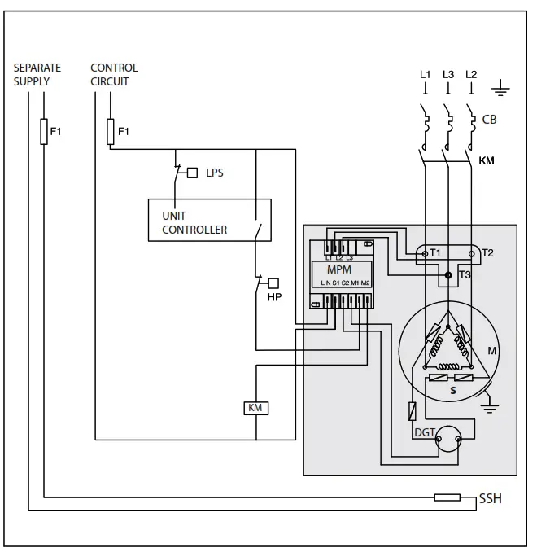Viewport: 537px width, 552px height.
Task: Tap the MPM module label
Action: [338, 268]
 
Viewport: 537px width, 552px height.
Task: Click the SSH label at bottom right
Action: [490, 498]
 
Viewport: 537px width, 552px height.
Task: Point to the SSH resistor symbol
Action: [447, 497]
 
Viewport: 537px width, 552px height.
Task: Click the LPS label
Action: [214, 173]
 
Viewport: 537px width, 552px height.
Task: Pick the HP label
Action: [274, 297]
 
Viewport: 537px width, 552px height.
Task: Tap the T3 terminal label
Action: [465, 275]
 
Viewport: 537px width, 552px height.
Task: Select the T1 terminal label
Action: [435, 253]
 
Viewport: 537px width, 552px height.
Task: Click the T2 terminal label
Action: [487, 253]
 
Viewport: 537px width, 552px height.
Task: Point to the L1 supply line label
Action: [425, 75]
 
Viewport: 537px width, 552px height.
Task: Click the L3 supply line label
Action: [448, 75]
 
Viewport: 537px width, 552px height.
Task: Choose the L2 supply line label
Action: [471, 75]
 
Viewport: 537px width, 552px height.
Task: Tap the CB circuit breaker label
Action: [489, 119]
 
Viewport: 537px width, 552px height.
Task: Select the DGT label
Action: [424, 433]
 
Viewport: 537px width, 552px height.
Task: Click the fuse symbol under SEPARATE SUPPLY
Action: [44, 131]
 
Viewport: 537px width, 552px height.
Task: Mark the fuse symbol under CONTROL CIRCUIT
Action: [111, 131]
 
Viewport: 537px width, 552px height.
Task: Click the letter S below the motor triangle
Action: [452, 392]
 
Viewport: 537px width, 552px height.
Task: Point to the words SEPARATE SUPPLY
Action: [37, 74]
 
